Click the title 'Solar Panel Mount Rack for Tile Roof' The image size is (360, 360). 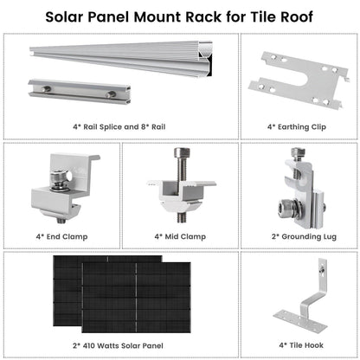180,16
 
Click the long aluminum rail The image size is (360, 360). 130,61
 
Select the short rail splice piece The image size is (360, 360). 74,91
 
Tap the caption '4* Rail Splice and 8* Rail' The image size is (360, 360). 119,125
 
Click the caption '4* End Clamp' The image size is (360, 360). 60,235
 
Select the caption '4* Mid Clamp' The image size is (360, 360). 179,235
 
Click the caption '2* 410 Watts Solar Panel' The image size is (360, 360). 120,344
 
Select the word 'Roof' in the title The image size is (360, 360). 292,16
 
